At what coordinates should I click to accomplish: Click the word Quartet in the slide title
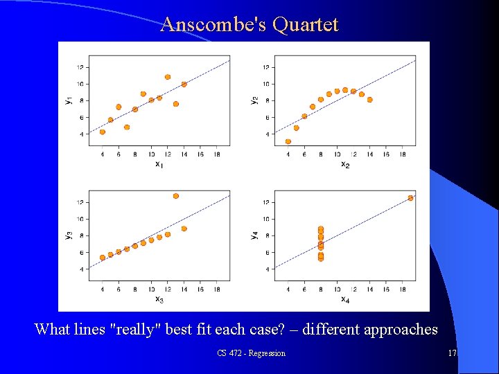tap(306, 25)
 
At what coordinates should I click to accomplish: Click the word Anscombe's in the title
tap(214, 25)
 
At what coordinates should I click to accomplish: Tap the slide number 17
tap(452, 353)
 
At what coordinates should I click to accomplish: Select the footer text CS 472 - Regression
tap(251, 353)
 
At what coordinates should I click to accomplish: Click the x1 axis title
tap(159, 164)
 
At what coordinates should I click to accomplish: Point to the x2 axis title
tap(344, 164)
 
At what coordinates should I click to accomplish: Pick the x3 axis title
tap(159, 299)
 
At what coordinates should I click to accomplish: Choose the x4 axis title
tap(344, 299)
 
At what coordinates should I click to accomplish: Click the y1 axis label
tap(68, 100)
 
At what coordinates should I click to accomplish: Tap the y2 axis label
tap(254, 100)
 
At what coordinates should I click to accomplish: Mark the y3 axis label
tap(68, 235)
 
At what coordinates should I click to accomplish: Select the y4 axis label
tap(254, 235)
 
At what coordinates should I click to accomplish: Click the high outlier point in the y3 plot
tap(176, 196)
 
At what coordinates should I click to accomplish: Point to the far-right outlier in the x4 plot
tap(410, 198)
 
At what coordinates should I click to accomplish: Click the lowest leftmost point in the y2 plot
tap(288, 141)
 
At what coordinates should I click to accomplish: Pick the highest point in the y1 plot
tap(168, 77)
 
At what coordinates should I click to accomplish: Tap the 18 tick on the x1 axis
tap(217, 154)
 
